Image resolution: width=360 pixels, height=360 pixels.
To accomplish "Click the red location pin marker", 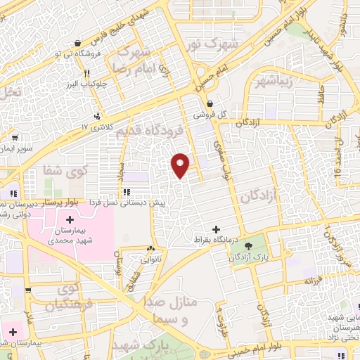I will pos(181,165).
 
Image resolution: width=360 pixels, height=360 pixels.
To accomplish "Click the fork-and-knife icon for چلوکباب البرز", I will pos(86,73).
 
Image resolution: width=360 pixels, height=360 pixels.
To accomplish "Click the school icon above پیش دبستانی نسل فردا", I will pos(126,191).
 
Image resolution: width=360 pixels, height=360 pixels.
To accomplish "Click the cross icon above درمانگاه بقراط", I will pos(216,229).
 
